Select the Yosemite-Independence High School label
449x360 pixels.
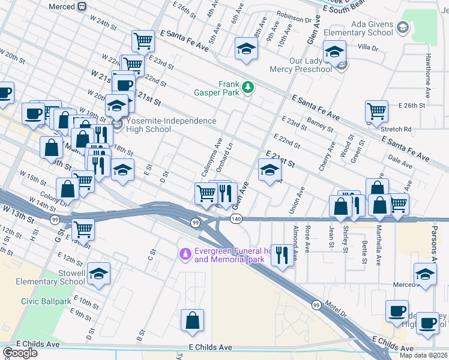171,125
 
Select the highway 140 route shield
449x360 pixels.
237,220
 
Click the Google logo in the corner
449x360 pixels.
20,353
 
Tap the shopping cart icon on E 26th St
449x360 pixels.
376,110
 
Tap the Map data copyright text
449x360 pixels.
423,355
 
